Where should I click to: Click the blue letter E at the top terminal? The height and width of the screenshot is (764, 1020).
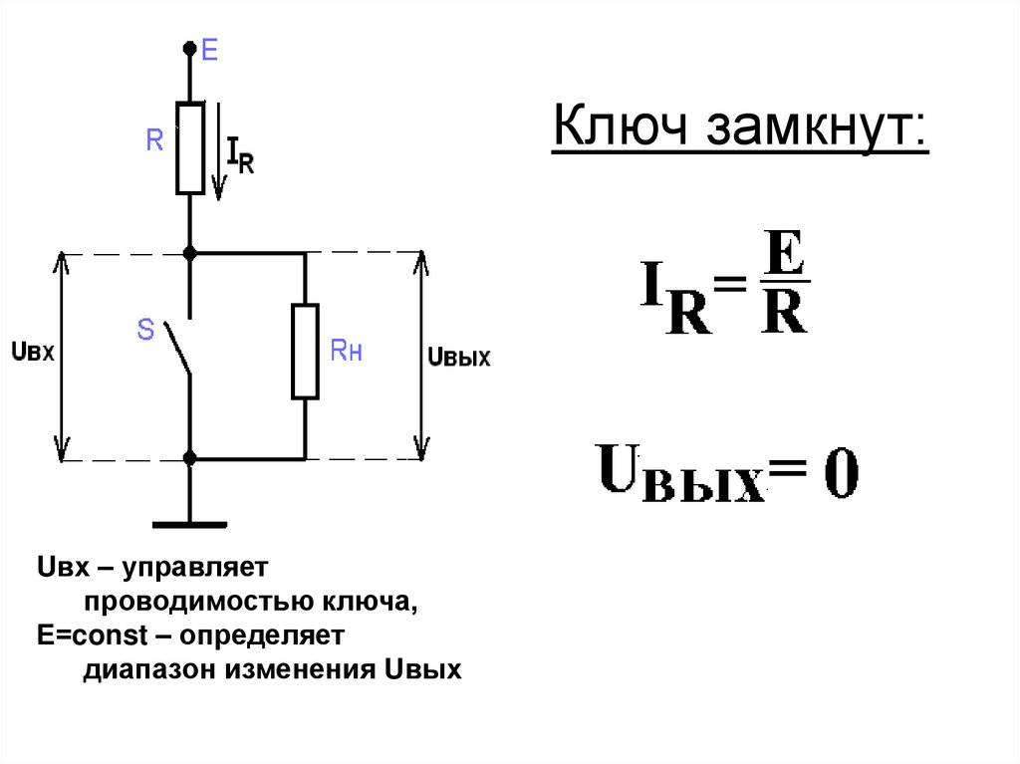pos(209,50)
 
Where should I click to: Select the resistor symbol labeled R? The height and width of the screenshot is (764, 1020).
pos(189,146)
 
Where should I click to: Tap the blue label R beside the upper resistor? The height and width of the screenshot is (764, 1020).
pos(154,141)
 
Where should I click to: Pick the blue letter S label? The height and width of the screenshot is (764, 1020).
pos(145,330)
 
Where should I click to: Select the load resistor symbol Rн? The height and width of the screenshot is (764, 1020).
pos(305,352)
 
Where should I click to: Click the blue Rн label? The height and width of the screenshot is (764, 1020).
pos(346,351)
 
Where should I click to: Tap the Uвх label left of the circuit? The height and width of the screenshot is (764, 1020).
pos(30,351)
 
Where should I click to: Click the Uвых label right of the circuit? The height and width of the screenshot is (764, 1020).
pos(458,357)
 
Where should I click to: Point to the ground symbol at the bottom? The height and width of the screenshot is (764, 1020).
pos(189,522)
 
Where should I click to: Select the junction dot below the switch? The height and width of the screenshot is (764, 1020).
pos(189,459)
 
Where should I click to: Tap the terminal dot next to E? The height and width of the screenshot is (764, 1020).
pos(189,48)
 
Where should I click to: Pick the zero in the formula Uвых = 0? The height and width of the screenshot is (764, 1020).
pos(837,476)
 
